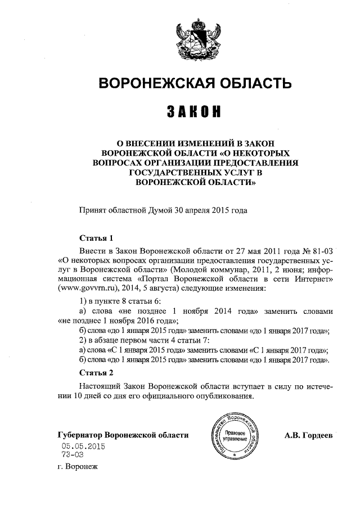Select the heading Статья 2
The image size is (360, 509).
(96, 372)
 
